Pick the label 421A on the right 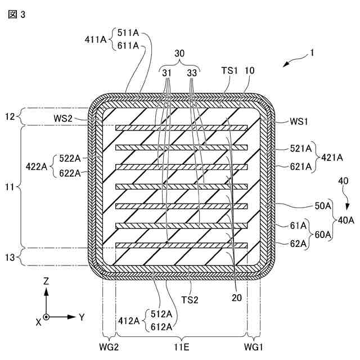point(332,158)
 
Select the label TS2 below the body point(190,299)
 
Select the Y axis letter point(82,317)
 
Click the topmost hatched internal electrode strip point(181,128)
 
